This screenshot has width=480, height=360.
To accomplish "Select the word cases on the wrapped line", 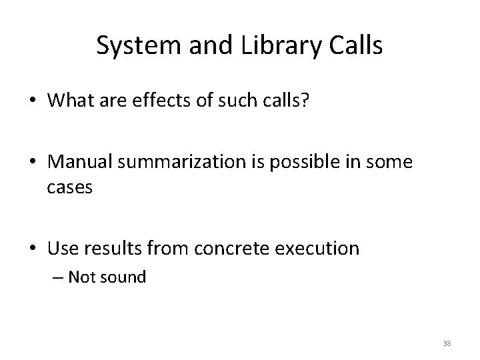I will tap(69, 188).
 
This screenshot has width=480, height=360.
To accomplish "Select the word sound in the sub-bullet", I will tap(125, 277).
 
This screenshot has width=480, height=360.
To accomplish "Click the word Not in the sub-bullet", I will tap(83, 277).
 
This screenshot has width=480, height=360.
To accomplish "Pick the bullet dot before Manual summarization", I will tap(33, 163).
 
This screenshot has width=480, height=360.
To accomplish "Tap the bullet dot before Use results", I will tap(33, 249).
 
